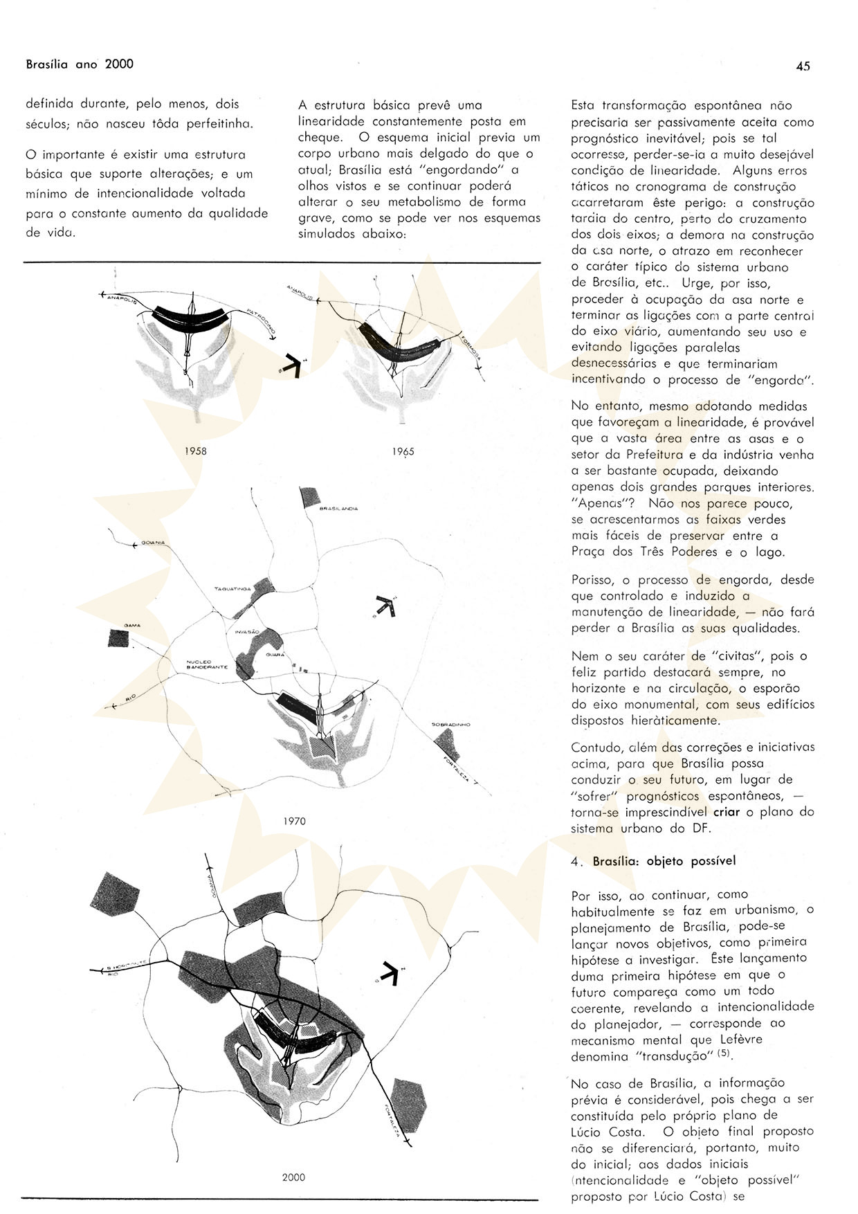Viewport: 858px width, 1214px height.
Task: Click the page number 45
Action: coord(803,66)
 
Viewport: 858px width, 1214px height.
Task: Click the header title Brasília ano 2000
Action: coord(80,64)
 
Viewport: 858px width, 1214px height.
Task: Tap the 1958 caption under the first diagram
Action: coord(195,451)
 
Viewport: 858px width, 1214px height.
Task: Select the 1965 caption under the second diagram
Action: coord(403,451)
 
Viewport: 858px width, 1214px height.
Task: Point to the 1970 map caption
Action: coord(294,822)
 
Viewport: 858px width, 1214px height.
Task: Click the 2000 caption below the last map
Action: coord(293,1177)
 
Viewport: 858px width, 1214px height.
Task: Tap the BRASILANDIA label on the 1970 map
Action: coord(338,509)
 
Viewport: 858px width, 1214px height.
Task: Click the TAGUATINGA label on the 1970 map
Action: coord(232,589)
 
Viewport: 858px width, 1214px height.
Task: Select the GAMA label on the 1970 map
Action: coord(132,626)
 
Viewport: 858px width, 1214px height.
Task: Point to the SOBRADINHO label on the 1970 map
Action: coord(450,725)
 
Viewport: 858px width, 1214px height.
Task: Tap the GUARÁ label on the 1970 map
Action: coord(275,654)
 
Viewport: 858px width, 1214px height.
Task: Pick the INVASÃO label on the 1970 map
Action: coord(247,633)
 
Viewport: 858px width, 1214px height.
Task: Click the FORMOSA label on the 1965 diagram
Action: coord(469,354)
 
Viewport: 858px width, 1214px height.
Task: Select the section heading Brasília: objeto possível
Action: coord(664,862)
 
